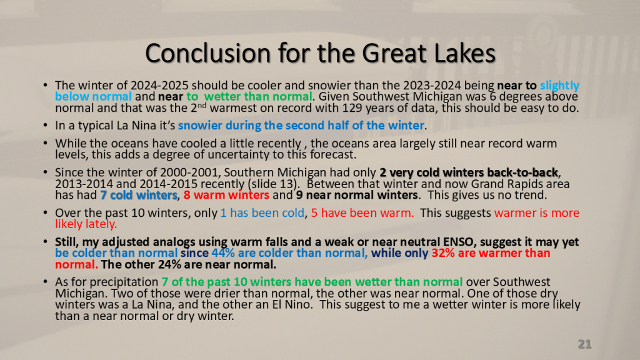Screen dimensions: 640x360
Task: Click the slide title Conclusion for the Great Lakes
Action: (x=321, y=54)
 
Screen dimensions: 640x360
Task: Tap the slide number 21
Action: (x=584, y=344)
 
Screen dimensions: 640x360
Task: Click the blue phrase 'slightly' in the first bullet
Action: (x=559, y=85)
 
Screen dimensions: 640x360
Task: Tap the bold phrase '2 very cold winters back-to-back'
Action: (x=469, y=172)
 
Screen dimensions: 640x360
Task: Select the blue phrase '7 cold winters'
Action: (x=139, y=195)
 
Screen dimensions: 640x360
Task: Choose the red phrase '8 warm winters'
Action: (x=226, y=195)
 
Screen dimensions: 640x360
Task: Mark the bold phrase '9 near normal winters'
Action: (x=357, y=195)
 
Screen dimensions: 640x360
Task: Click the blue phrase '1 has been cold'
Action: (x=262, y=213)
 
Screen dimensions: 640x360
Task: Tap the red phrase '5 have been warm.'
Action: (x=362, y=213)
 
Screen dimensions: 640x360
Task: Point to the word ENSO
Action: (x=457, y=242)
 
